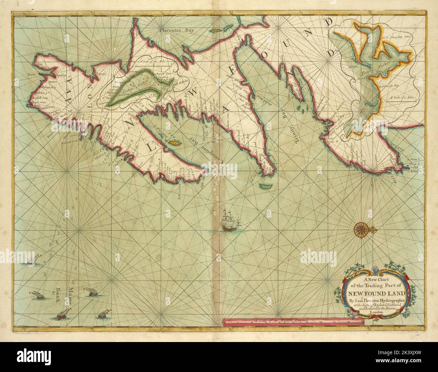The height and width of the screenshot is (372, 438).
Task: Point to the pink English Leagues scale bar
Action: (x=293, y=322)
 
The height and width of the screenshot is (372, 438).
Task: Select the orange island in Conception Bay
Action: (x=166, y=143)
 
